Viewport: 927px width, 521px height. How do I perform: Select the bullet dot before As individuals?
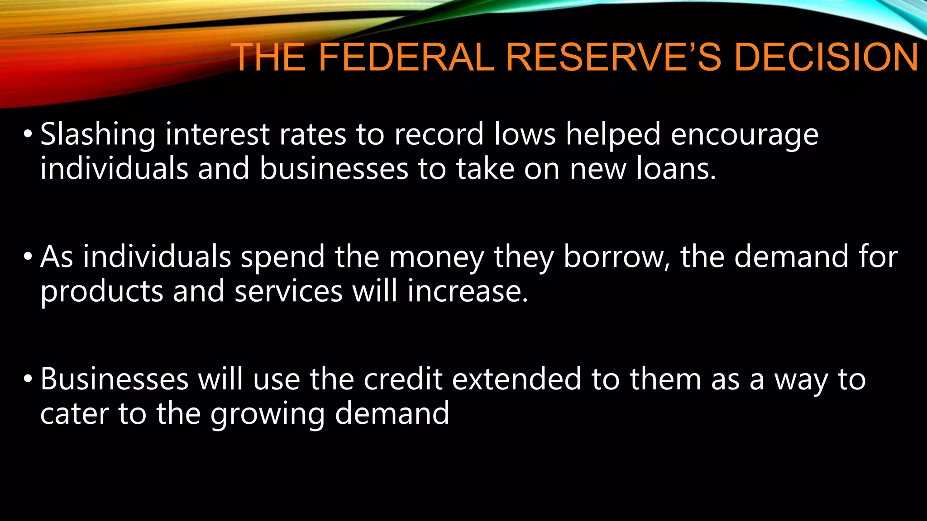tap(28, 256)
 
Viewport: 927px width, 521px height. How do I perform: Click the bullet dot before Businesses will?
tap(28, 379)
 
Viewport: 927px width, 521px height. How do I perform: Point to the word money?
tap(436, 257)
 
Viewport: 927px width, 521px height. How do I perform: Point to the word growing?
tap(268, 414)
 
